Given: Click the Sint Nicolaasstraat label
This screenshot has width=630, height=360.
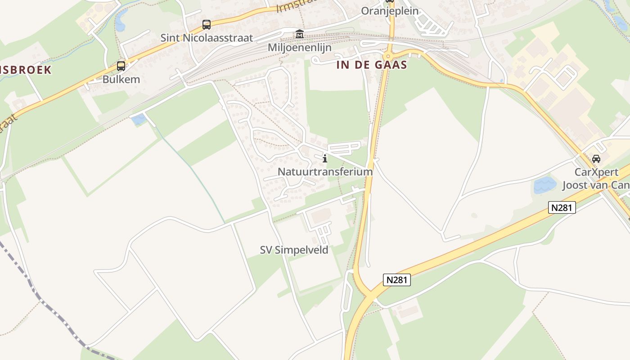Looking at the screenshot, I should click(207, 38).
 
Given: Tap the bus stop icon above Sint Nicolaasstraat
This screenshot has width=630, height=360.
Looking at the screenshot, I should click(206, 25).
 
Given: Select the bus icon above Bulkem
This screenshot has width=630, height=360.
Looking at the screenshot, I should click(121, 66).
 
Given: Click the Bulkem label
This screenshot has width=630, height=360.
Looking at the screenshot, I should click(121, 80).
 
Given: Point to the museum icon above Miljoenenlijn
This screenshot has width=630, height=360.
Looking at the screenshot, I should click(299, 34).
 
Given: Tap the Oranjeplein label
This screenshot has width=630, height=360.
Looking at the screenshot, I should click(390, 11).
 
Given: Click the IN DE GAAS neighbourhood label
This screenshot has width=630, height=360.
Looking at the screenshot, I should click(372, 65).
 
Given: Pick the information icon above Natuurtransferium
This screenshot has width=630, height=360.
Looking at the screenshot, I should click(324, 158).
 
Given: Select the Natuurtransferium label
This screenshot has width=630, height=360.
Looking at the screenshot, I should click(325, 171).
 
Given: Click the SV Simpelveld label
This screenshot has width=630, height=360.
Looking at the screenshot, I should click(294, 250).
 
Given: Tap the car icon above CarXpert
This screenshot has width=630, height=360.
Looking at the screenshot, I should click(596, 158).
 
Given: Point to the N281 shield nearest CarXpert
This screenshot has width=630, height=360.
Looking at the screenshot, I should click(562, 207).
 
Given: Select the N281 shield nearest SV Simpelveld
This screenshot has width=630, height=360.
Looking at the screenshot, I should click(397, 280).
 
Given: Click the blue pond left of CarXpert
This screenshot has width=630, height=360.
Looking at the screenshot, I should click(545, 185).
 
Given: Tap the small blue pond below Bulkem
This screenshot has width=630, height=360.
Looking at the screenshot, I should click(139, 119).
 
